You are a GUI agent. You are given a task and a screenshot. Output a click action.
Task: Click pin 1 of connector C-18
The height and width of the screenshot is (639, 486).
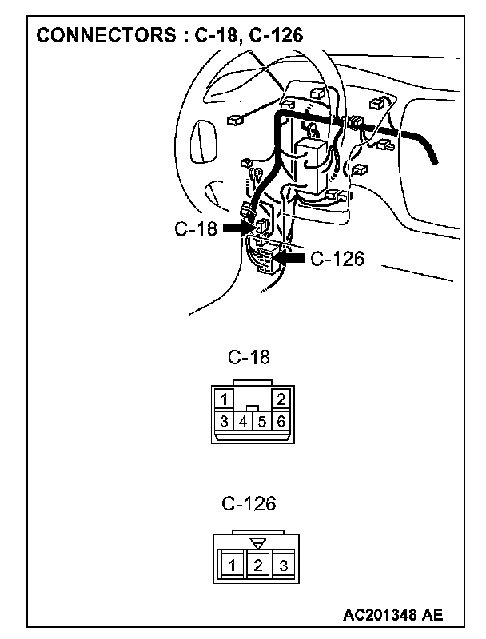point(226,399)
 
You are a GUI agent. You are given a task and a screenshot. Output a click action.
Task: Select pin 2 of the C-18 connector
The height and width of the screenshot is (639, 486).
point(281,399)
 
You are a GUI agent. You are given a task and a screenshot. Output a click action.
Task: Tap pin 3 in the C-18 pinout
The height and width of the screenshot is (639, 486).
point(225,421)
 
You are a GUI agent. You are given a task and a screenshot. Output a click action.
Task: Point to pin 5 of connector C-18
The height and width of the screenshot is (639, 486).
point(261,421)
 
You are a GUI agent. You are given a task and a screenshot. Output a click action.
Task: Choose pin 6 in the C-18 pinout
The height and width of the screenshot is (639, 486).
point(281,421)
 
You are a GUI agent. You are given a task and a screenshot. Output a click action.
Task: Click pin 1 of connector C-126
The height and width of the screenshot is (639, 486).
point(231,566)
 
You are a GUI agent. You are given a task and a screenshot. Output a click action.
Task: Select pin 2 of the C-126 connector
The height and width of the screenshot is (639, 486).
point(257,566)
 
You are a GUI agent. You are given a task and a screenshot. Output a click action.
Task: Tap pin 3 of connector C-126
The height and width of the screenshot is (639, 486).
point(283,566)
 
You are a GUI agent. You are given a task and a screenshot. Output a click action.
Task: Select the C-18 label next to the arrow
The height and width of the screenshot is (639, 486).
point(196,228)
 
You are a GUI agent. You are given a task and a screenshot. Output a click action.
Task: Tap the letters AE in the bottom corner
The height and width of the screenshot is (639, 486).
point(432,615)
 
